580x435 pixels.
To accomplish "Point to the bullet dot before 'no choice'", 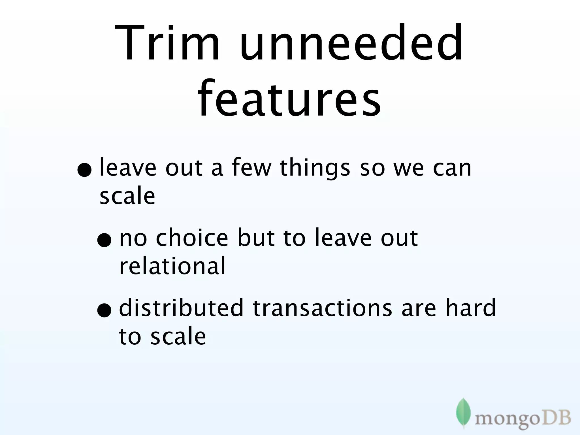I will click(104, 240).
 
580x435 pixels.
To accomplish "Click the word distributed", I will click(181, 308).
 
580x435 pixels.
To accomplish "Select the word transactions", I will click(322, 308).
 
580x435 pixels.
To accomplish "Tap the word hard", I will click(471, 308).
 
